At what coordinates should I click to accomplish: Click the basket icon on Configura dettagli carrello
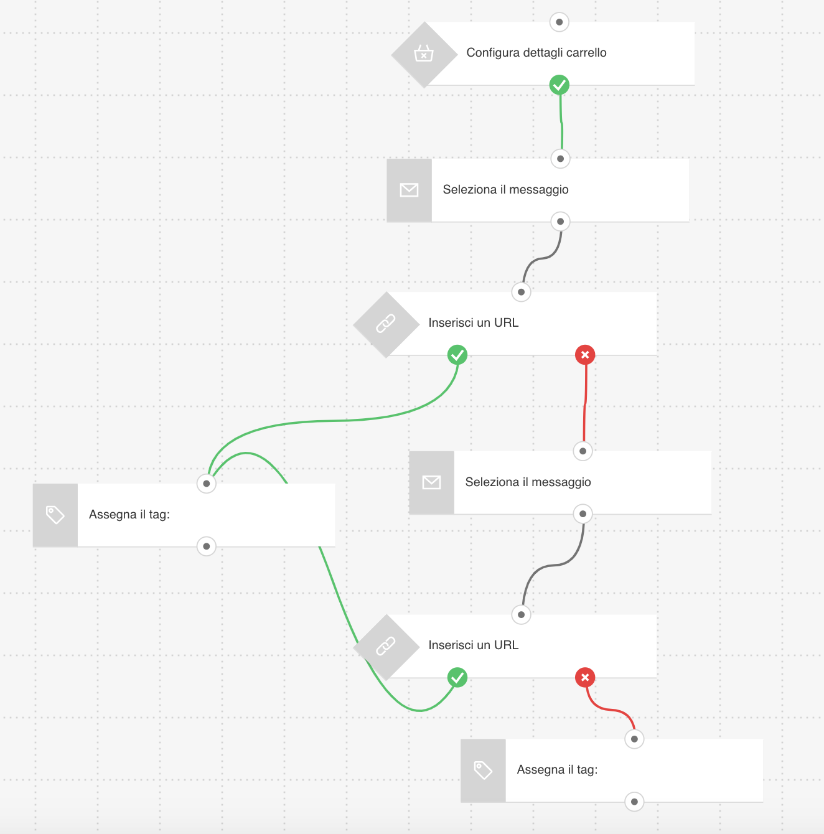click(424, 54)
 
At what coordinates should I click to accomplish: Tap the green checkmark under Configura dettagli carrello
click(559, 85)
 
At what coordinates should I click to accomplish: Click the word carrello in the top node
click(586, 53)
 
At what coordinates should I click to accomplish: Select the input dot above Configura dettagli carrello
click(559, 22)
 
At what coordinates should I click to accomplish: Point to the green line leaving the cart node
click(561, 123)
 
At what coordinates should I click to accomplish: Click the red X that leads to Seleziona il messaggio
click(585, 355)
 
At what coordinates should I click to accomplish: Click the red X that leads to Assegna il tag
click(585, 677)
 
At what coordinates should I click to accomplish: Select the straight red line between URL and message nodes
click(584, 403)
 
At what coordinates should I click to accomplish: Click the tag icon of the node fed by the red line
click(483, 771)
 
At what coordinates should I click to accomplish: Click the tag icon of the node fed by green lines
click(55, 515)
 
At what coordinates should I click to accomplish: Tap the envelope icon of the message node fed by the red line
click(431, 482)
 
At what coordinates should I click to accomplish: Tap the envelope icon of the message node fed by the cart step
click(409, 190)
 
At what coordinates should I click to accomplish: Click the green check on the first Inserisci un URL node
click(457, 355)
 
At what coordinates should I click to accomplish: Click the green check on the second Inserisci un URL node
click(457, 677)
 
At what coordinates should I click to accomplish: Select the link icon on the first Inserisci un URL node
click(386, 323)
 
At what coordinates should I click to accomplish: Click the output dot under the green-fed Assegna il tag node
click(207, 546)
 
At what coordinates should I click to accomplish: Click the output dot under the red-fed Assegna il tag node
click(634, 802)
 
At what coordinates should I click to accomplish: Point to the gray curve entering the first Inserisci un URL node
click(541, 258)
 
